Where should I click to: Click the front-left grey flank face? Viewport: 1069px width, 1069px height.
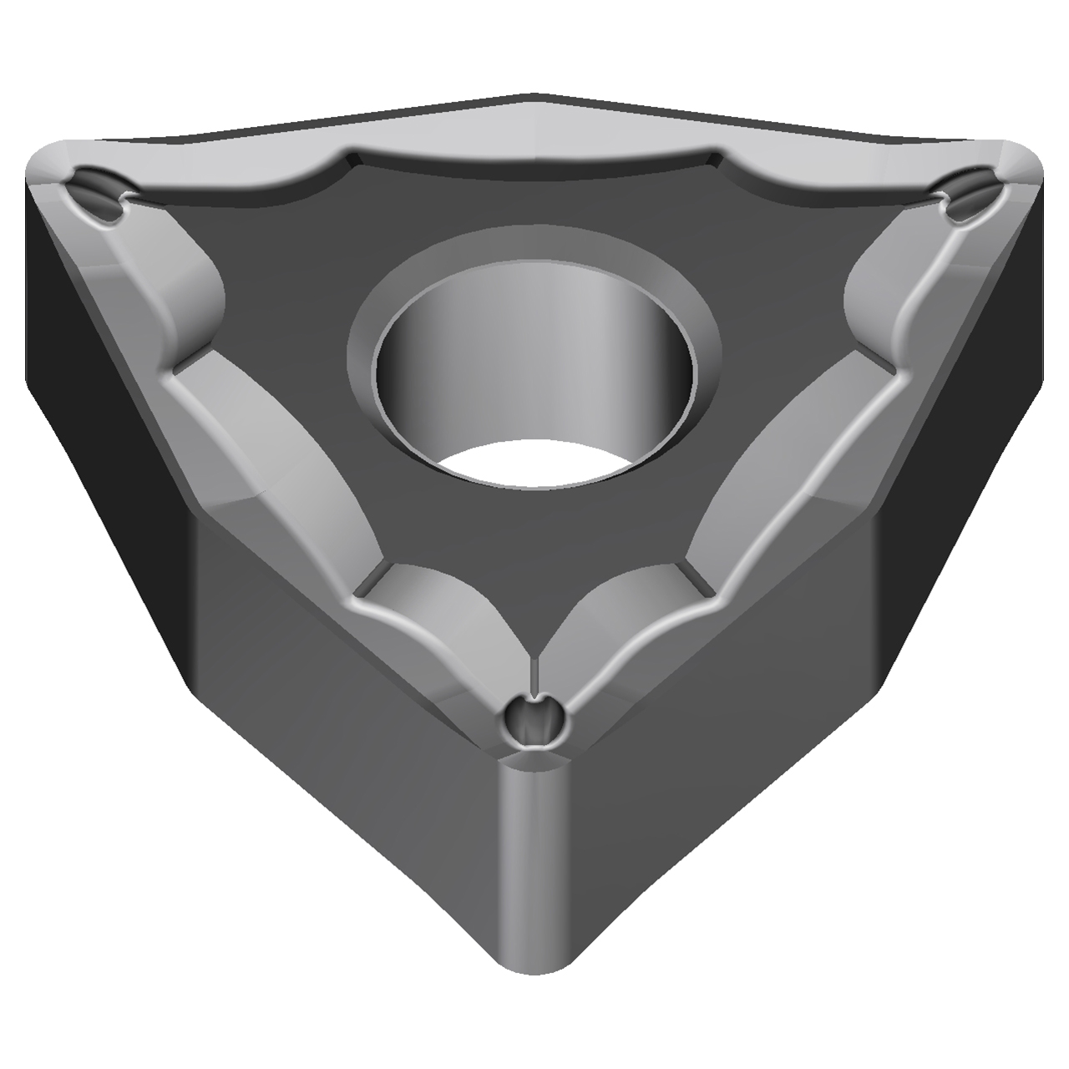coord(334,693)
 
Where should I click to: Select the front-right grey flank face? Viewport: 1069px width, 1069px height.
coord(735,693)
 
